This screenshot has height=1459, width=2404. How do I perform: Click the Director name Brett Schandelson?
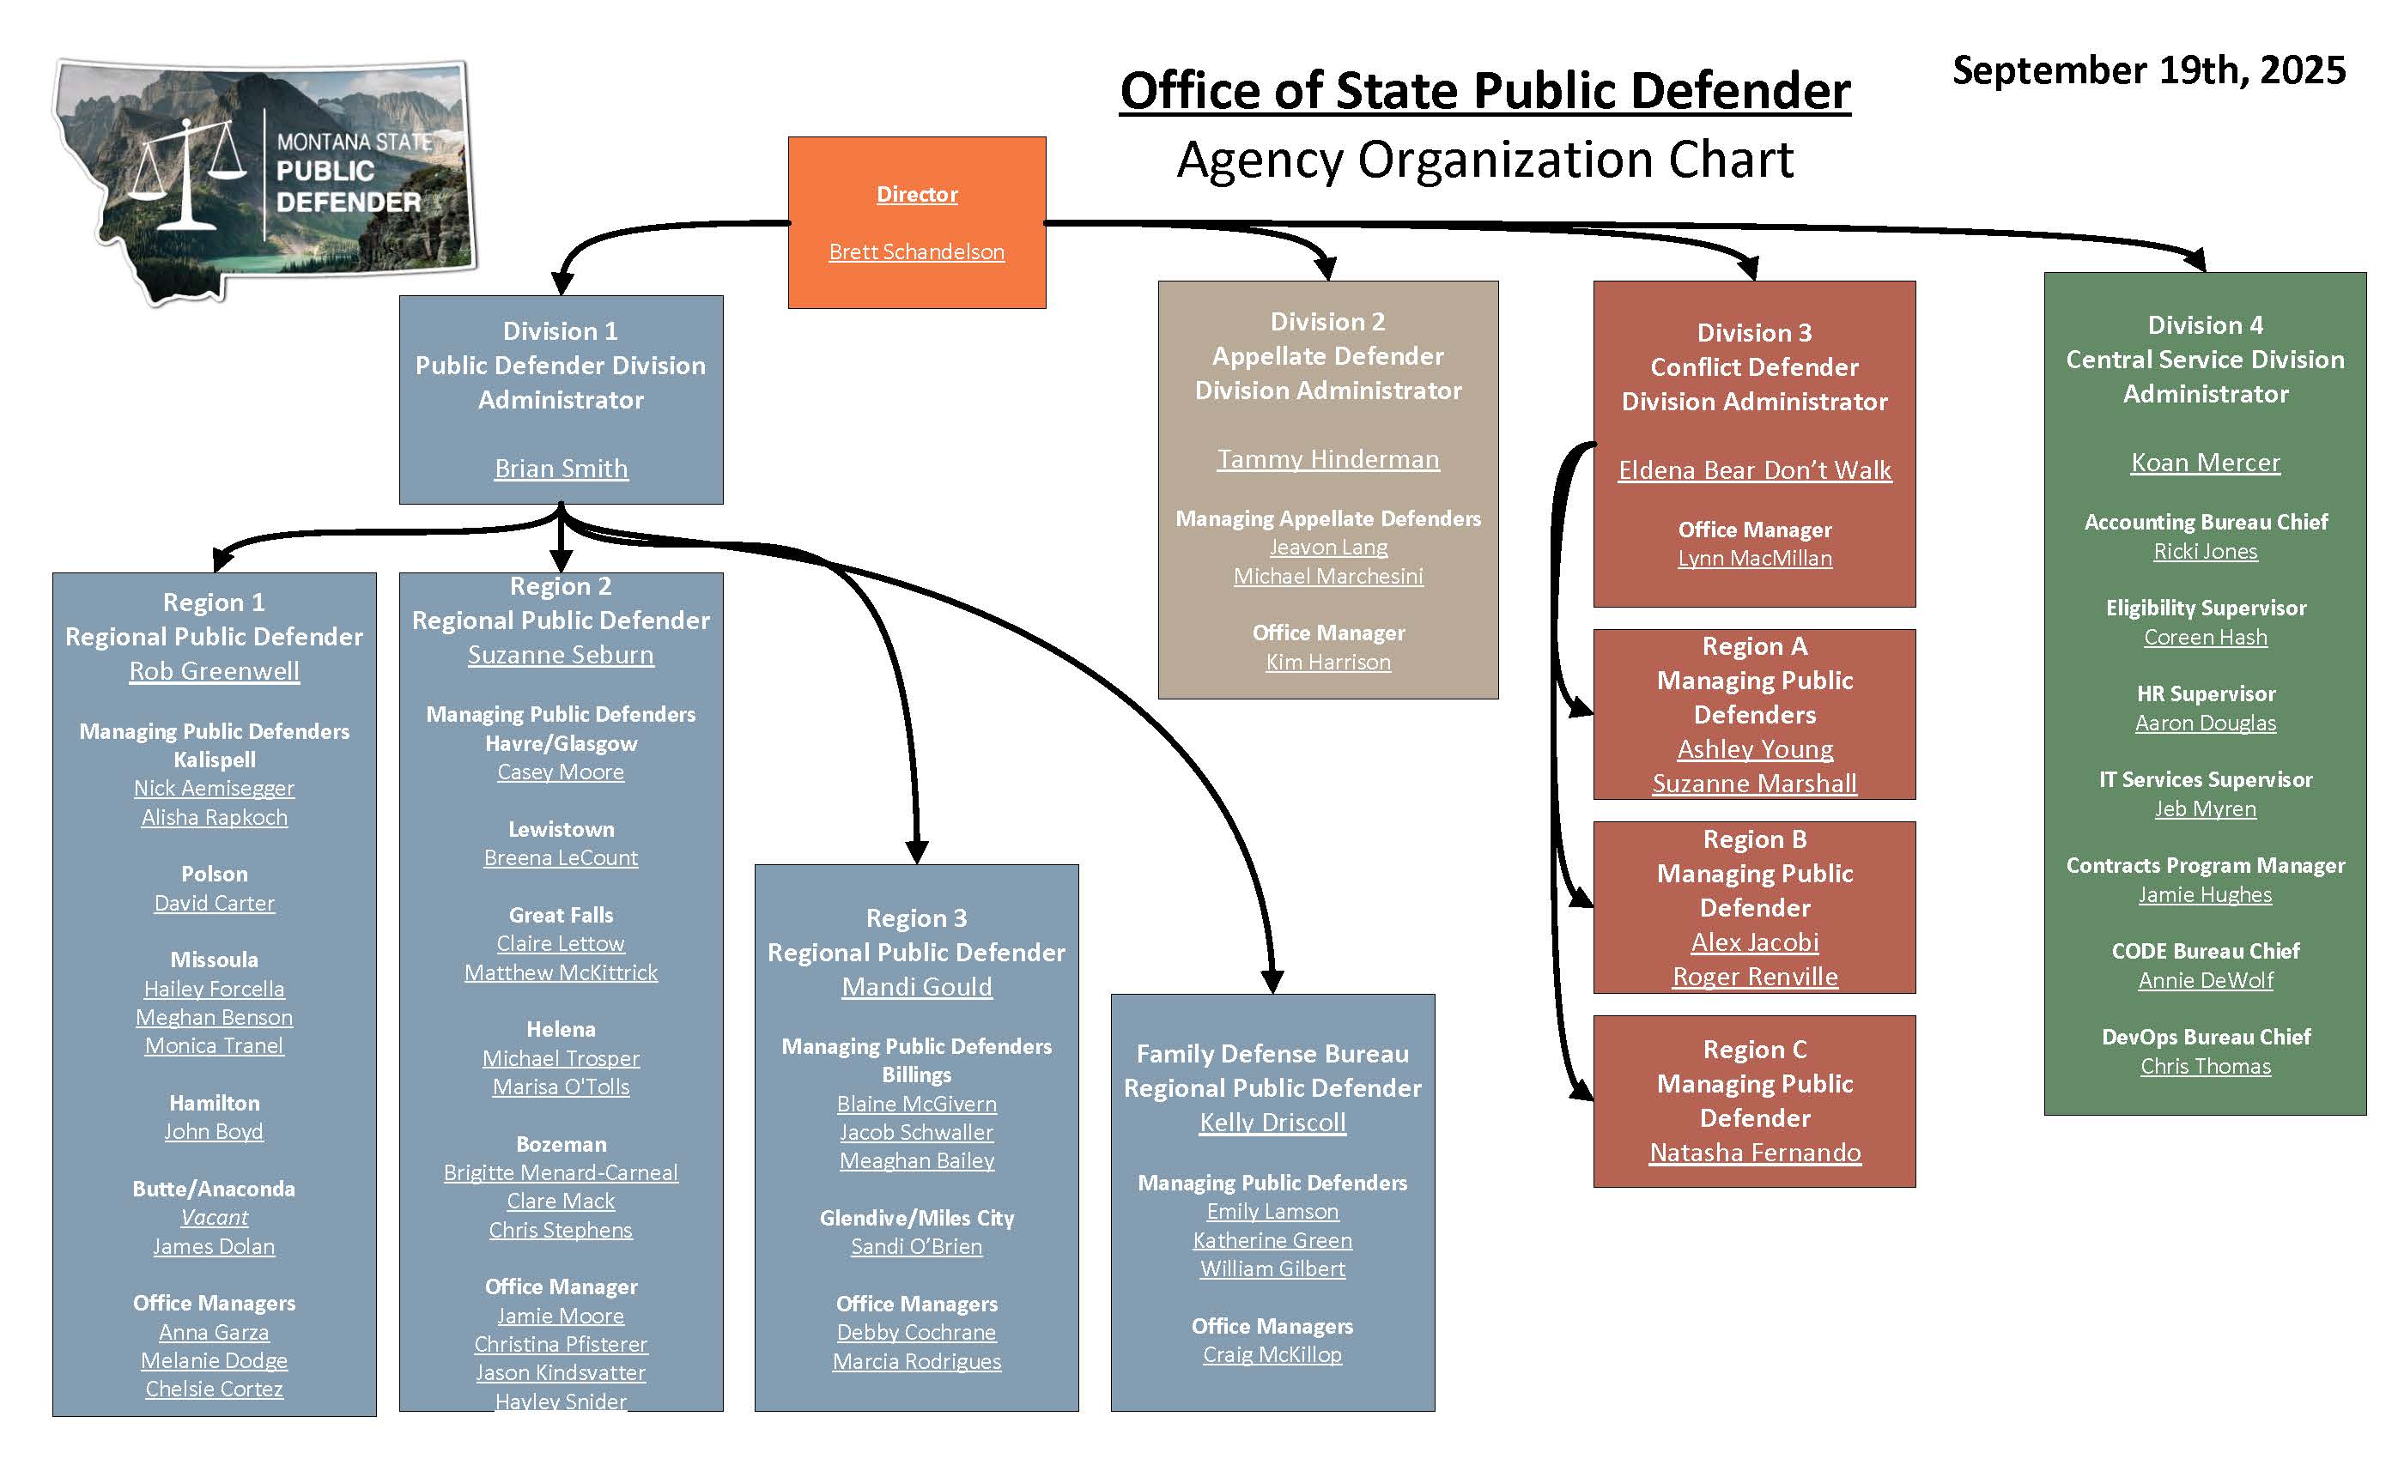click(x=916, y=251)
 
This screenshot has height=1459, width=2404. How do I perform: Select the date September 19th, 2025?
click(x=2148, y=70)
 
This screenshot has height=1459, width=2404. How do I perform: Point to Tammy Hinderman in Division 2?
click(x=1328, y=458)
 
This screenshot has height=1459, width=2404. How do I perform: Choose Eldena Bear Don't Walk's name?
click(x=1754, y=470)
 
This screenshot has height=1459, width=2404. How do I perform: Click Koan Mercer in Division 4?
click(x=2205, y=463)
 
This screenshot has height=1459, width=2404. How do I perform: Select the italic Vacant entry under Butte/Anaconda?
click(x=214, y=1217)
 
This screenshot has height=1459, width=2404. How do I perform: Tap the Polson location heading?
click(x=214, y=874)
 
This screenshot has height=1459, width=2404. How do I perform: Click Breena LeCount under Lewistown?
click(x=561, y=858)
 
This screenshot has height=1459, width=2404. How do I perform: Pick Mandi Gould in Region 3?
click(x=916, y=987)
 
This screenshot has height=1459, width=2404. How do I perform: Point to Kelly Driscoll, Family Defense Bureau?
click(x=1272, y=1123)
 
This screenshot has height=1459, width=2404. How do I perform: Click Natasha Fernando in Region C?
click(x=1754, y=1153)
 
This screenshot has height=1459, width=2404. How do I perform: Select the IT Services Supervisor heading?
click(x=2205, y=779)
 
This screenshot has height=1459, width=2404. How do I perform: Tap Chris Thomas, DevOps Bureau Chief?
click(x=2205, y=1066)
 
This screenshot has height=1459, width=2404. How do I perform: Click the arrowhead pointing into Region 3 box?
click(x=916, y=851)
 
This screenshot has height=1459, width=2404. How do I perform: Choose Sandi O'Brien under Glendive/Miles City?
click(x=916, y=1246)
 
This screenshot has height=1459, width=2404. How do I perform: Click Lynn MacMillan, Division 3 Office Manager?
click(x=1754, y=558)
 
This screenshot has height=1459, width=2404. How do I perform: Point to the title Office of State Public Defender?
click(x=1484, y=91)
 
